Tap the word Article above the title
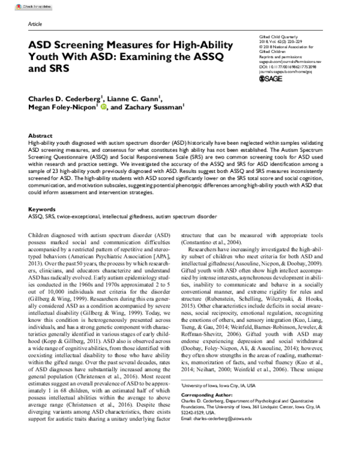click(35, 23)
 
